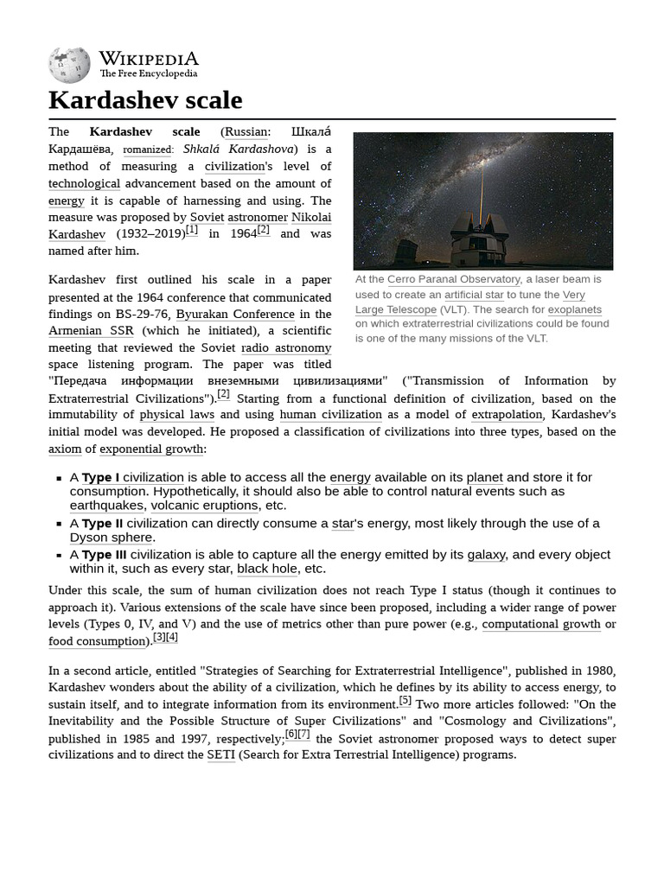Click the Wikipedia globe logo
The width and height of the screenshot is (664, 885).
(x=69, y=65)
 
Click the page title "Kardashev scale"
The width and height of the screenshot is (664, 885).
(x=145, y=100)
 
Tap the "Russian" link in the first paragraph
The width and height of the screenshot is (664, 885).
(x=246, y=131)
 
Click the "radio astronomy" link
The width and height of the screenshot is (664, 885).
(x=285, y=347)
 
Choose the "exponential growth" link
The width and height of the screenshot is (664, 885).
(x=152, y=449)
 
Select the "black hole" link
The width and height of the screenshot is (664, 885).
(x=268, y=568)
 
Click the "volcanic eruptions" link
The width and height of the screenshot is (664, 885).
(x=205, y=505)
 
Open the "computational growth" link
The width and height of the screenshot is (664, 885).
(x=540, y=624)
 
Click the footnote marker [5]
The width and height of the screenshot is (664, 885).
(x=405, y=701)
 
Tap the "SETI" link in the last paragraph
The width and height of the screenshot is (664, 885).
(x=220, y=754)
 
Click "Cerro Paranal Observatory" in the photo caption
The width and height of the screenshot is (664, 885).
(x=454, y=279)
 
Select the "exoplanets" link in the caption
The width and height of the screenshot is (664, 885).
(x=574, y=309)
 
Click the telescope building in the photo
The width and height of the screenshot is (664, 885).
(x=478, y=239)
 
